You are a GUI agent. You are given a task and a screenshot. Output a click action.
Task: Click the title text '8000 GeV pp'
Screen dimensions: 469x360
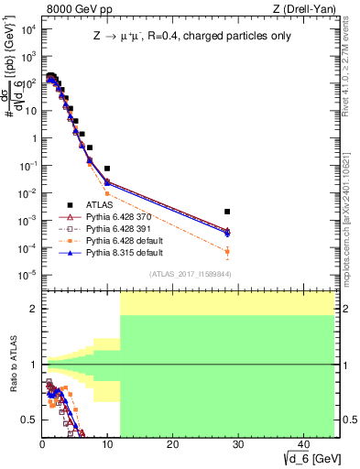(77, 9)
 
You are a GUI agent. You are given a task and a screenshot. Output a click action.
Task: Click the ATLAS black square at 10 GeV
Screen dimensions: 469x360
(107, 169)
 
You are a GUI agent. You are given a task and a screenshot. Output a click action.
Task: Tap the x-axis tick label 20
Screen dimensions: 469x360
(172, 444)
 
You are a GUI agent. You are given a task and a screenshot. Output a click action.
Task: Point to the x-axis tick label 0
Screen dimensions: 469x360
(42, 444)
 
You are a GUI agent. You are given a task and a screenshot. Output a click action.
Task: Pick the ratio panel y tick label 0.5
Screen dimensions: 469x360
(28, 420)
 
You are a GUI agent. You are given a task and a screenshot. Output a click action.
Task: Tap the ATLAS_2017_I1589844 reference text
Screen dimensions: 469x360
(184, 274)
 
